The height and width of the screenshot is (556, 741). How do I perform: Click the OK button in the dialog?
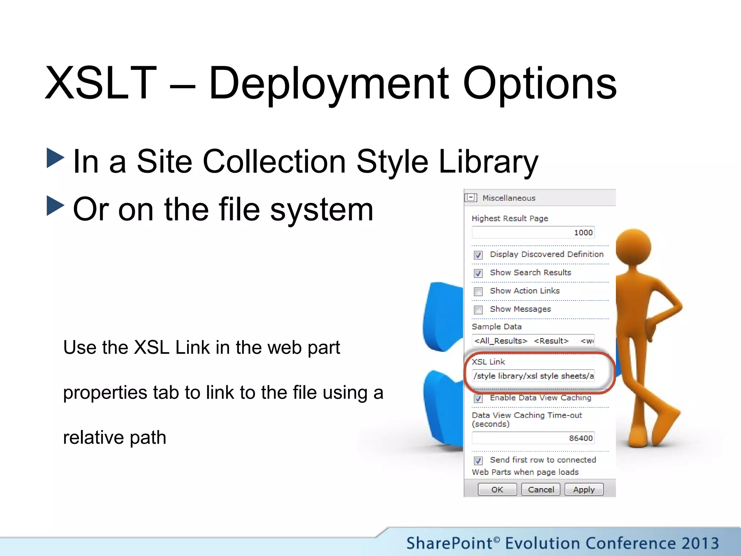pyautogui.click(x=497, y=489)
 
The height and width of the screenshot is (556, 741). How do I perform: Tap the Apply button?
pyautogui.click(x=584, y=489)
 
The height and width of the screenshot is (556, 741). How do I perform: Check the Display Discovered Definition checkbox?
pyautogui.click(x=478, y=255)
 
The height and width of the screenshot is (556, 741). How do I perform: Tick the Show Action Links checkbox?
pyautogui.click(x=478, y=291)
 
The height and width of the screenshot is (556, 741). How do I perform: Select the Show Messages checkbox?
pyautogui.click(x=478, y=310)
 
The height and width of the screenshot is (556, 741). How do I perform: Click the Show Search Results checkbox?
pyautogui.click(x=478, y=273)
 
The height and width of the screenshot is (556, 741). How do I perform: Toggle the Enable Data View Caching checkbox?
pyautogui.click(x=478, y=399)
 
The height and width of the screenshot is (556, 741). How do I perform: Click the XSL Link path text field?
pyautogui.click(x=533, y=376)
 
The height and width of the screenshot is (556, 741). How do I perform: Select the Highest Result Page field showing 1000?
pyautogui.click(x=533, y=232)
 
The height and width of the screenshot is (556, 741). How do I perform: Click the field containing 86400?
pyautogui.click(x=533, y=438)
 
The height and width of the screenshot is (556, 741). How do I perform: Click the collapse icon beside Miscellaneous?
pyautogui.click(x=471, y=198)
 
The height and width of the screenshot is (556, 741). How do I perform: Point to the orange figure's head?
pyautogui.click(x=633, y=247)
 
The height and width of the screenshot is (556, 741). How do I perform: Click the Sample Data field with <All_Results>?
pyautogui.click(x=533, y=341)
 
